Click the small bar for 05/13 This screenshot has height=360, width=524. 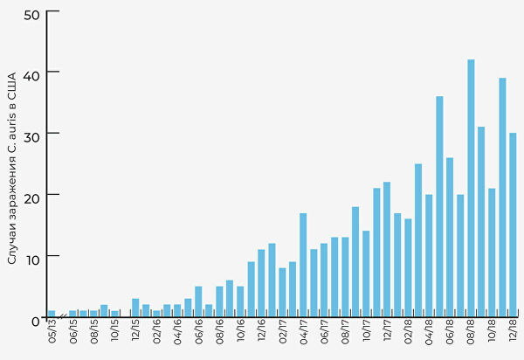click(x=52, y=313)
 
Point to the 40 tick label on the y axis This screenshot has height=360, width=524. click(x=31, y=72)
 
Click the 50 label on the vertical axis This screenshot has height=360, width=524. click(x=31, y=15)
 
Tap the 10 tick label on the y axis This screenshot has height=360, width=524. click(x=31, y=257)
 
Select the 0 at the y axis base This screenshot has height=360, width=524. click(x=35, y=320)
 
